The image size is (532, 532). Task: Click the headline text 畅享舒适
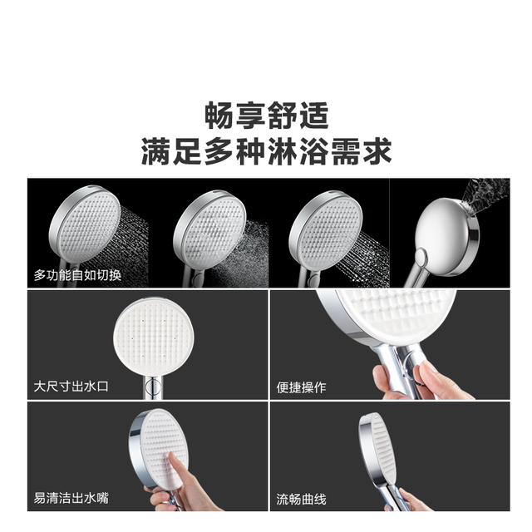pos(267,116)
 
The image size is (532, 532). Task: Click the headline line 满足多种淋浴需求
pos(267,151)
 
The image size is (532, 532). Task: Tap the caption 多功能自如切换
pos(77,275)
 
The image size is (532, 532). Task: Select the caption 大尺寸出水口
pos(71,387)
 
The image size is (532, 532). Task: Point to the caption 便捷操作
pos(301,387)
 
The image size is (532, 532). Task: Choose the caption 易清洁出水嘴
pos(71,498)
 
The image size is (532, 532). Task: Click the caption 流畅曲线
pos(301,500)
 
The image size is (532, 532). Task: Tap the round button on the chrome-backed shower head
pos(421,256)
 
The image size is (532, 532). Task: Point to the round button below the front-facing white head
pos(153,386)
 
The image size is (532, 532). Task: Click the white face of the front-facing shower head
pos(154,337)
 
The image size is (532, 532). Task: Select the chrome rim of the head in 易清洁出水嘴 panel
pos(135,448)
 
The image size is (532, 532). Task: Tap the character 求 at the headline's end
pos(377,151)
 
